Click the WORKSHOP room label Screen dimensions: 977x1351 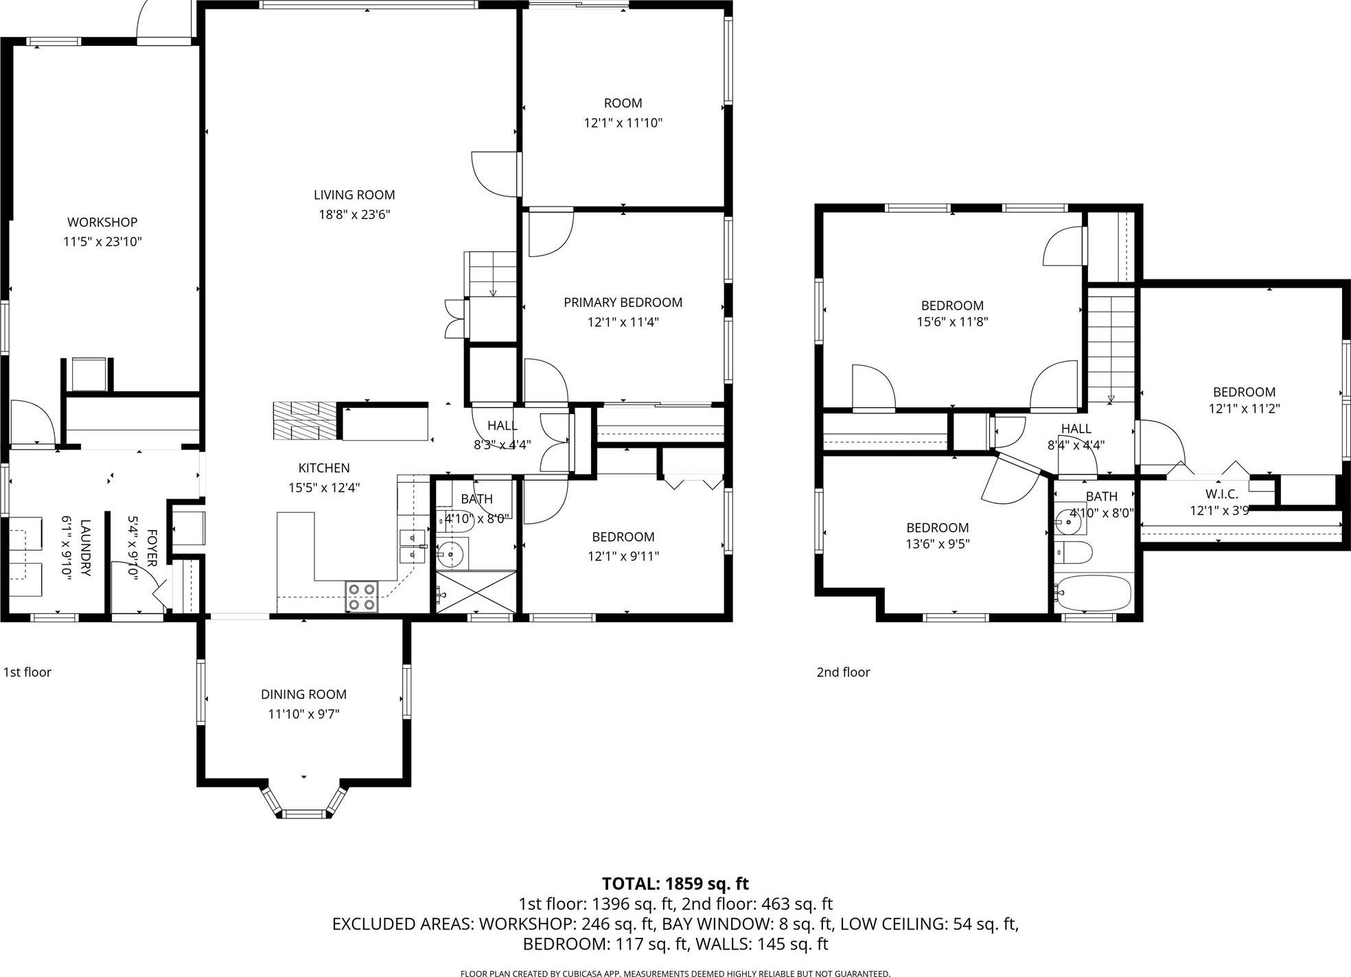click(102, 222)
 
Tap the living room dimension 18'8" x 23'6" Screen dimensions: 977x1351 click(354, 214)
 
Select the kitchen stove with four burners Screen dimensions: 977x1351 click(361, 596)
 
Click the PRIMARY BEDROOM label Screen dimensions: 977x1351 click(623, 302)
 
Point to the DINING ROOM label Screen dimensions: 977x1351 click(303, 694)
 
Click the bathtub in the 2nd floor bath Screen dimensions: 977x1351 click(1094, 593)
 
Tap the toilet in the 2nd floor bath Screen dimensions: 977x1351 click(1073, 552)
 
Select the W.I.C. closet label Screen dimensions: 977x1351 click(1221, 494)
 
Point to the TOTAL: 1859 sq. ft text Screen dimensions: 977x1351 click(675, 884)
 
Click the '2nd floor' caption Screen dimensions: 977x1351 click(843, 672)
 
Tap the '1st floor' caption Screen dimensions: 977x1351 click(27, 672)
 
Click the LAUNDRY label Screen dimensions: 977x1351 click(85, 547)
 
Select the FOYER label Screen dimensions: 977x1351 click(152, 547)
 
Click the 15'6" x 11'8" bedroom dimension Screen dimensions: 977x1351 click(952, 321)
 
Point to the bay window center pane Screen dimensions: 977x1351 click(304, 814)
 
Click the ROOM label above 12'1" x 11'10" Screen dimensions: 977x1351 click(623, 103)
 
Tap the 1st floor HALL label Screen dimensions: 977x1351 click(502, 426)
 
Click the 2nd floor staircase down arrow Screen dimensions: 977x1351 click(1111, 398)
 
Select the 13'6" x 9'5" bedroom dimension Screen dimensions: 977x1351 click(937, 544)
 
